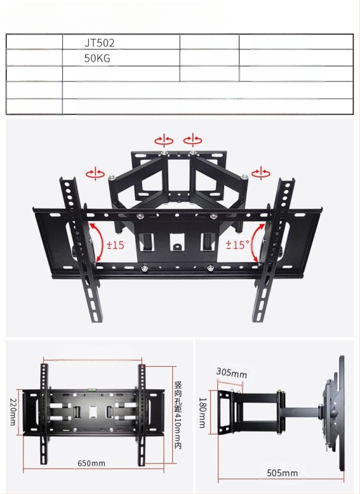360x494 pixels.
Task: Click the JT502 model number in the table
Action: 100,43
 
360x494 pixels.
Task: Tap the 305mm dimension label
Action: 232,374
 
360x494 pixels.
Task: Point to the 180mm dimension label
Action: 202,412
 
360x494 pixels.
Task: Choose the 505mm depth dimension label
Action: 282,473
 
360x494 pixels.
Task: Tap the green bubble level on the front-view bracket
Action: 91,389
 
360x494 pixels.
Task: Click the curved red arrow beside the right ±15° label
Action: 257,243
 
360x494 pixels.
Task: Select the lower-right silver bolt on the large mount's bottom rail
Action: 212,268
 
